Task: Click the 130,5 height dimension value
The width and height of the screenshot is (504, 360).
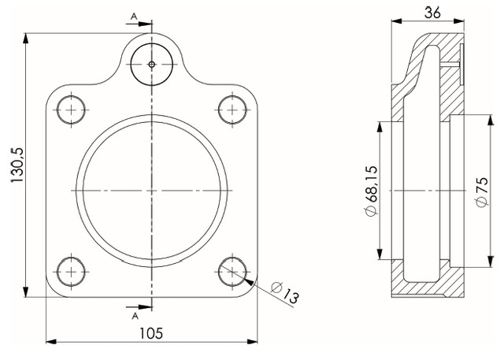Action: click(17, 165)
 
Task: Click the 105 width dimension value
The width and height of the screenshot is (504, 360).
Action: click(151, 334)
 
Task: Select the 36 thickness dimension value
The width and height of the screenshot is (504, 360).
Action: click(432, 13)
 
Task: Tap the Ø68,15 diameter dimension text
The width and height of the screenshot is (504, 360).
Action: click(371, 191)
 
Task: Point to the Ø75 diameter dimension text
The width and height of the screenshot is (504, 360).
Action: click(482, 191)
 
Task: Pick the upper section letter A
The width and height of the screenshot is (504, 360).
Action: click(134, 16)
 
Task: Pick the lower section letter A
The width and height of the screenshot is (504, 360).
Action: click(135, 317)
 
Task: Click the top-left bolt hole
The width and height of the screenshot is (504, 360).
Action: click(71, 110)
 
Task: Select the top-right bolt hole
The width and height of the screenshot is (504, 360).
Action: click(232, 110)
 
